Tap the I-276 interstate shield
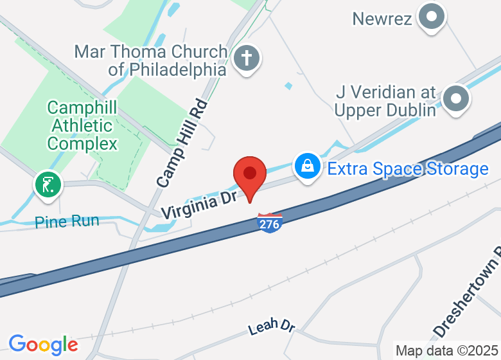(x=270, y=222)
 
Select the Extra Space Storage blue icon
(x=308, y=166)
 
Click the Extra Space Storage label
(x=407, y=169)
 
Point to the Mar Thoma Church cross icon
(x=246, y=59)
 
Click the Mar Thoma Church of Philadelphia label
(x=151, y=60)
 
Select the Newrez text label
(x=382, y=19)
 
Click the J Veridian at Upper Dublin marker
(x=457, y=99)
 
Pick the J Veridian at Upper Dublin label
(x=385, y=101)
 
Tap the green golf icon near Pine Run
(x=48, y=184)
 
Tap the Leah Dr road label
(x=271, y=326)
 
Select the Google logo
(x=43, y=345)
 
